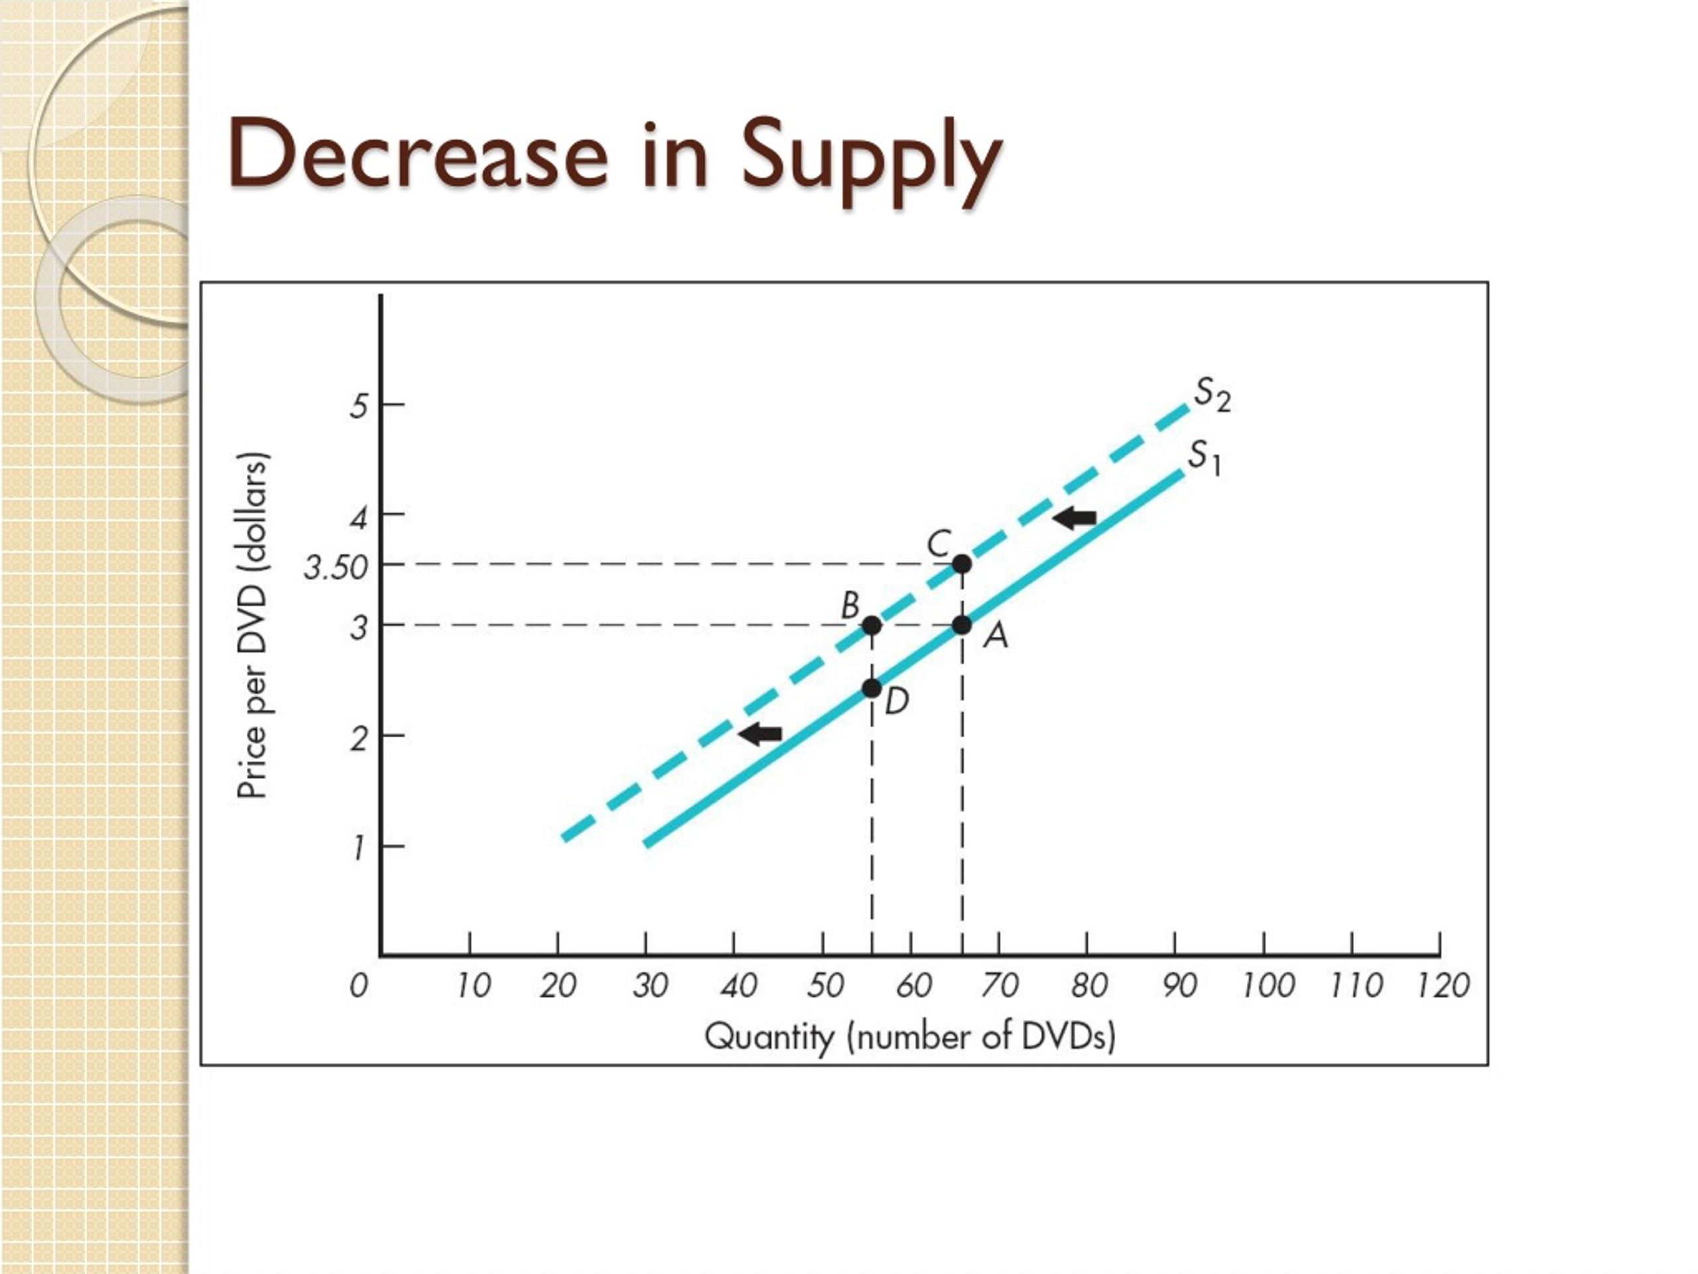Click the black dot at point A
coord(962,625)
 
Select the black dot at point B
coord(872,625)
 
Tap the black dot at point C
coord(962,565)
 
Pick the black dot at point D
coord(872,688)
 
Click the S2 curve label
coord(1212,395)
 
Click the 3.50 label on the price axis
coord(336,568)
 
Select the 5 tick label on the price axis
coord(358,405)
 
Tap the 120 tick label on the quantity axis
coord(1443,985)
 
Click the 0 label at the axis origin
coord(358,985)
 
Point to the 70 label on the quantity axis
coord(999,985)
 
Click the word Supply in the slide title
coord(872,157)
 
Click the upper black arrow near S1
coord(1074,518)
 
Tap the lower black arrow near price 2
coord(760,734)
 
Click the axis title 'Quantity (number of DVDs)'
coord(909,1036)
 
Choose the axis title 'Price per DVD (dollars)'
coord(253,625)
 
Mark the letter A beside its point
coord(996,635)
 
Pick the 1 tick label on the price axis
coord(358,849)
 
